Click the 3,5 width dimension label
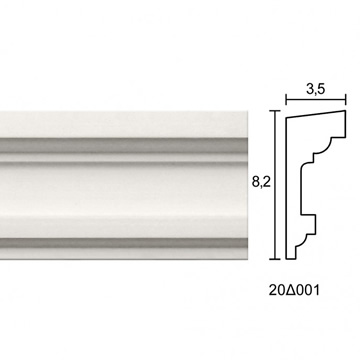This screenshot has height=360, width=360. point(315,89)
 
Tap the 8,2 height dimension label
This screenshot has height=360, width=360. point(261,182)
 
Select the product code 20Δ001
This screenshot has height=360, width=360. point(294,290)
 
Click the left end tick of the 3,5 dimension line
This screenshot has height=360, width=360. point(286,99)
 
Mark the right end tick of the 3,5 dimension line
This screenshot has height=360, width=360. point(346,99)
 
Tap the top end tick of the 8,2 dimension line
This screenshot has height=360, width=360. point(275,111)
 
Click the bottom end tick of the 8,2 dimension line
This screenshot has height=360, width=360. point(275,259)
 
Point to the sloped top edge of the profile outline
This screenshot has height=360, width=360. point(316,114)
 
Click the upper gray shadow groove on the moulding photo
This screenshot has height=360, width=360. point(123,145)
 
